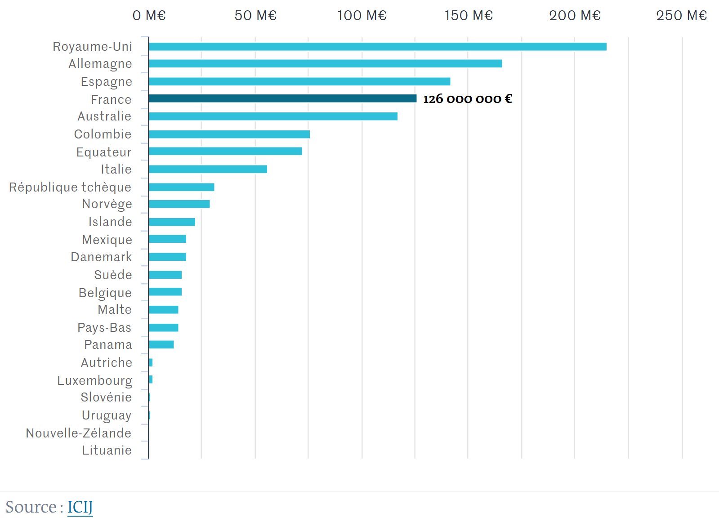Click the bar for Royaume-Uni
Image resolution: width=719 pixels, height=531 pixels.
[x=377, y=47]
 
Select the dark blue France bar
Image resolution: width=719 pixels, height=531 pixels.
[x=282, y=98]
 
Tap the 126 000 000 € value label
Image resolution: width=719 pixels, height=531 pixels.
[x=468, y=99]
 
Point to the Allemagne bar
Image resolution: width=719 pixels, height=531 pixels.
[x=325, y=64]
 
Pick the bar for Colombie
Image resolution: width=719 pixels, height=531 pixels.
[x=229, y=134]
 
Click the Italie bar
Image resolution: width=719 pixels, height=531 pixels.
[x=208, y=170]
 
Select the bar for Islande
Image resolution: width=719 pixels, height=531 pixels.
[x=172, y=222]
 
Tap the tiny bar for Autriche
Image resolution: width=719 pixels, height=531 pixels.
[x=151, y=363]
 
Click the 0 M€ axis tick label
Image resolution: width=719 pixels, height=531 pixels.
[x=149, y=16]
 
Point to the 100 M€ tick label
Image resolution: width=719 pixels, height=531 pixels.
[x=362, y=16]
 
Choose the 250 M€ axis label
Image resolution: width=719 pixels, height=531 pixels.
[x=681, y=16]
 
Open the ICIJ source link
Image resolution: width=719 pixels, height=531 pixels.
[x=80, y=507]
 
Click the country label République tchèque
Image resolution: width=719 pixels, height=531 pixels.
[x=70, y=187]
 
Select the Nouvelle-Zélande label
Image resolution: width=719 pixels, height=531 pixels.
[x=79, y=433]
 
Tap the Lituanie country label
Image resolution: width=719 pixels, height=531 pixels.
[x=107, y=451]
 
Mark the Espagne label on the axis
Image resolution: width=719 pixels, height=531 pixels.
[x=107, y=82]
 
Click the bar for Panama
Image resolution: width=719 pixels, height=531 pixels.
[x=161, y=345]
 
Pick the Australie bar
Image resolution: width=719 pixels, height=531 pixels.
[x=273, y=116]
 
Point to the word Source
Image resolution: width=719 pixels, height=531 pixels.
[x=31, y=507]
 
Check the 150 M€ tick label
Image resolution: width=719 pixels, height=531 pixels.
[x=469, y=16]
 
